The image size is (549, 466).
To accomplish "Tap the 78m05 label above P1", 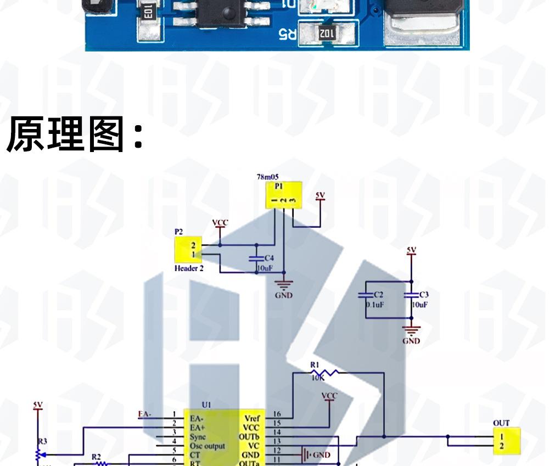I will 267,177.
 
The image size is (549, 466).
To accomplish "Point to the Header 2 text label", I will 189,268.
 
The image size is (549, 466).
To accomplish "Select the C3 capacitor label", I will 423,295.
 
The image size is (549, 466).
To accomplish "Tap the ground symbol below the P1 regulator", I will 284,285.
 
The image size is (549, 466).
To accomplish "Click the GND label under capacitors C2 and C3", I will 411,341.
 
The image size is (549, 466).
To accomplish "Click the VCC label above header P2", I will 220,222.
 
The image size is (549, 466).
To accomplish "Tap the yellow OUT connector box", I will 506,441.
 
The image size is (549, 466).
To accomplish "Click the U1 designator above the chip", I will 206,405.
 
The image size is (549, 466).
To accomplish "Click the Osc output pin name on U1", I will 208,446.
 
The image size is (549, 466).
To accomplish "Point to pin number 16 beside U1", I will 277,414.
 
